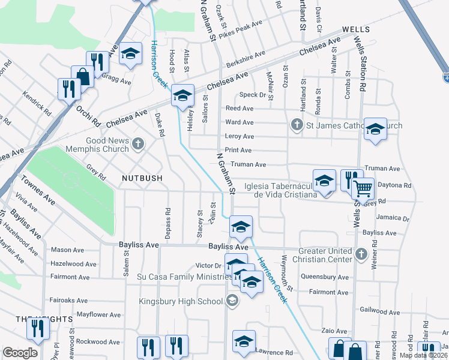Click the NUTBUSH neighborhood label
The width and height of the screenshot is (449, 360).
tap(143, 178)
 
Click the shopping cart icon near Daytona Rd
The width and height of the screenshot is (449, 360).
tap(363, 188)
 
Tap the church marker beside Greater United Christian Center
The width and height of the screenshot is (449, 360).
tap(361, 254)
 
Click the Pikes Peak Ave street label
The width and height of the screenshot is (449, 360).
tap(240, 28)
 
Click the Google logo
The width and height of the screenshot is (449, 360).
tap(20, 353)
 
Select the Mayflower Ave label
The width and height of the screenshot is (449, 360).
tap(98, 314)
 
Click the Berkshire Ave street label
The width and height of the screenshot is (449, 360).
tap(246, 58)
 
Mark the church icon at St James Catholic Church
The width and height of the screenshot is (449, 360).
tap(296, 125)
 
